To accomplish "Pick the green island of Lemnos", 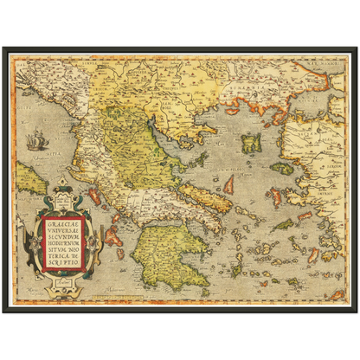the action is point(252,144).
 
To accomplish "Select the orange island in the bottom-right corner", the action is point(336,293).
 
